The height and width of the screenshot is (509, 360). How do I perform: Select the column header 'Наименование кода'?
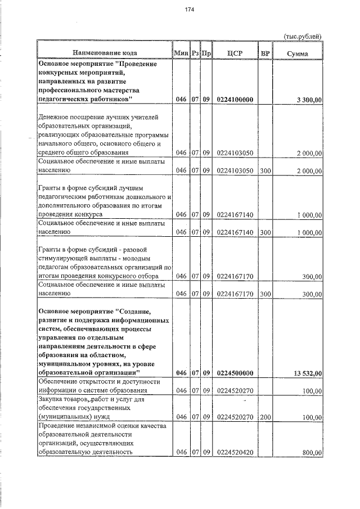(x=105, y=53)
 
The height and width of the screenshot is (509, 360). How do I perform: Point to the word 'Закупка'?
(x=52, y=399)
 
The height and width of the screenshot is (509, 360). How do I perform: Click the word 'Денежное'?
(x=55, y=117)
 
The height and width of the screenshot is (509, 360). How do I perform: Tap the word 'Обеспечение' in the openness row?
(x=60, y=382)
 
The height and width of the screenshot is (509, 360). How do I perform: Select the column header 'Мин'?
(x=181, y=53)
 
